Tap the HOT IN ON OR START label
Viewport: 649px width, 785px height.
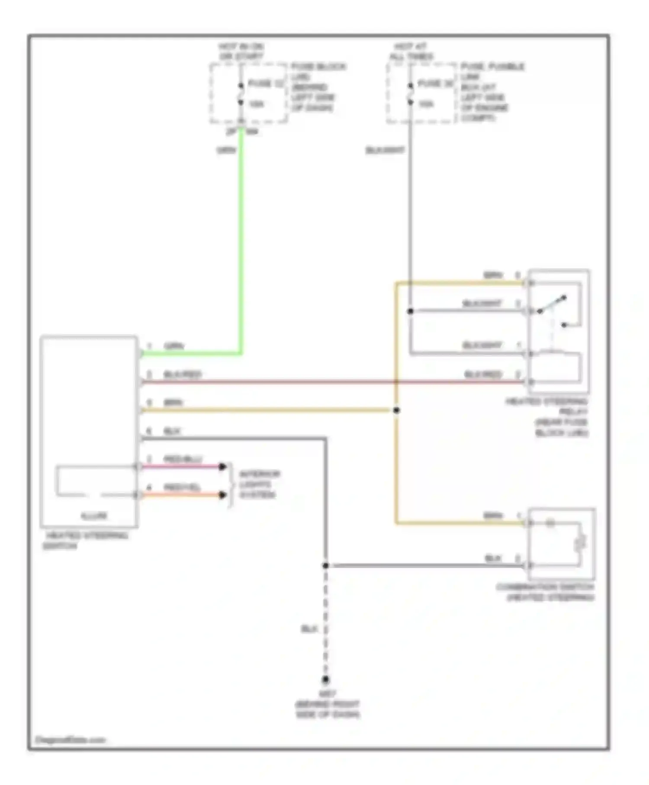tap(241, 51)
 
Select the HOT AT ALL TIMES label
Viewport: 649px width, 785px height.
tap(411, 51)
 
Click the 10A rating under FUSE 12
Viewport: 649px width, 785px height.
tap(256, 104)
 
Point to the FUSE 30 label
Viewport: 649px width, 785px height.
tap(435, 84)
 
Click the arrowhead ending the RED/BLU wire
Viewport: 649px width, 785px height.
tap(223, 466)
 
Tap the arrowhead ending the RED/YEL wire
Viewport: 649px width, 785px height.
tap(223, 495)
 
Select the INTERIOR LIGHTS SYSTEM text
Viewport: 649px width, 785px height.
tap(258, 484)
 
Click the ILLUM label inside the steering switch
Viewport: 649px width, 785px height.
tap(93, 516)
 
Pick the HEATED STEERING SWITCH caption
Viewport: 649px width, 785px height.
tap(85, 541)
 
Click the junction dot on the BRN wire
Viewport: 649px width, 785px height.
tap(396, 410)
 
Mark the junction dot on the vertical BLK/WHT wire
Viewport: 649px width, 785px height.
tap(410, 311)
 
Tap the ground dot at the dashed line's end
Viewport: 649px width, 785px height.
tap(326, 680)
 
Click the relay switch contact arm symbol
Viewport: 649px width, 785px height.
tap(552, 304)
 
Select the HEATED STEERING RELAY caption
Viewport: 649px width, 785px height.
tap(548, 417)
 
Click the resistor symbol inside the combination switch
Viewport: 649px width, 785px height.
tap(580, 543)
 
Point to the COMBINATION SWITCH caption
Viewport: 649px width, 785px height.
tap(545, 592)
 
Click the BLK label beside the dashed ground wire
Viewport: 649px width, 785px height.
tap(309, 629)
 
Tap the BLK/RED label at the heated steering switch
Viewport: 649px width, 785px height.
tap(182, 374)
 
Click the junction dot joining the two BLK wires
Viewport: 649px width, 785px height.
tap(326, 566)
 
